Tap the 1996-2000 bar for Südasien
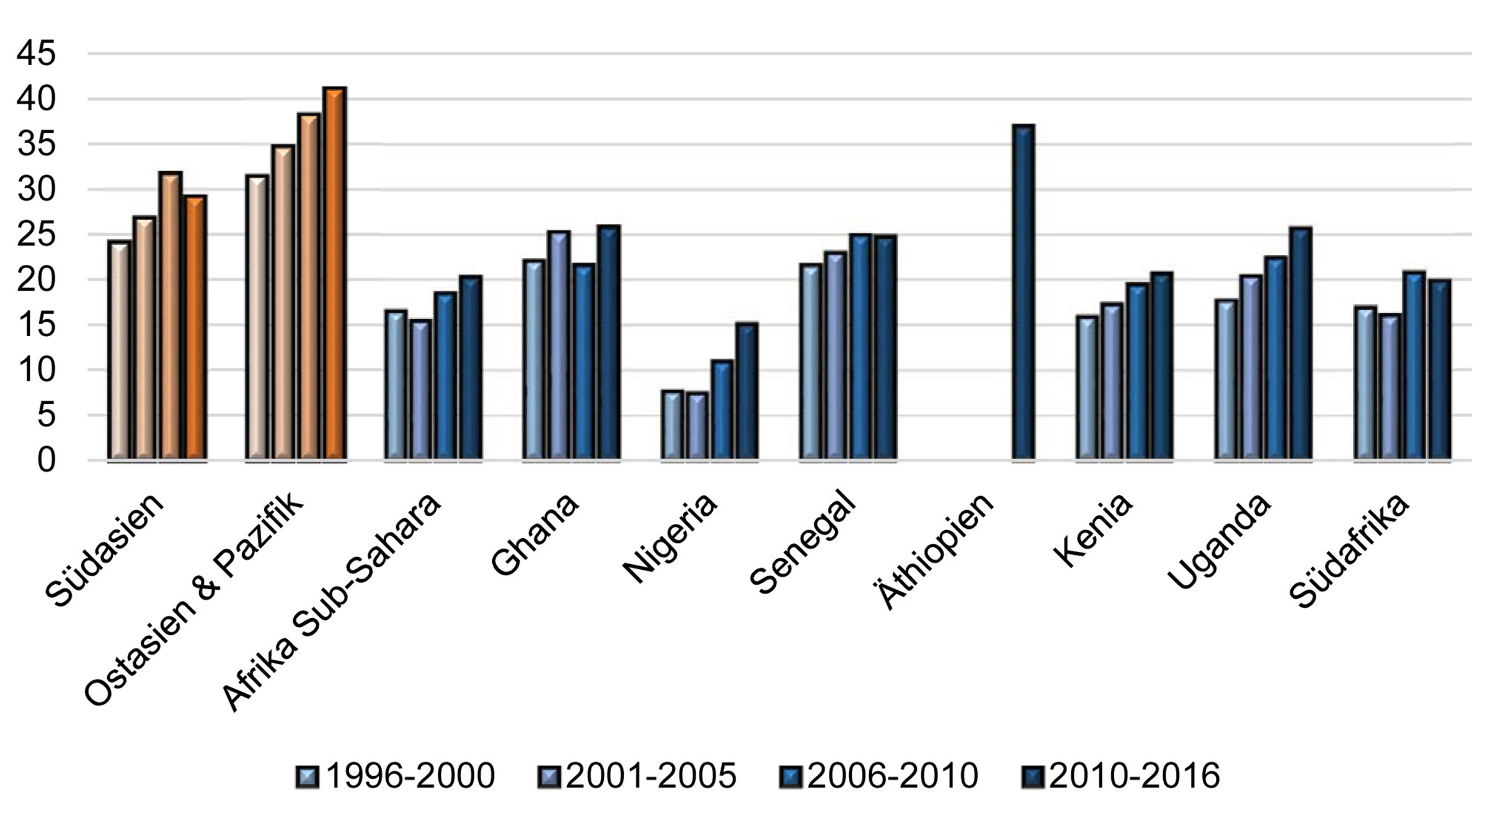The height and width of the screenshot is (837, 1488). coord(119,351)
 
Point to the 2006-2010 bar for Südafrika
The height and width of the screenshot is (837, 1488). coord(1414,366)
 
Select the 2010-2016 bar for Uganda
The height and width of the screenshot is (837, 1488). coord(1300,344)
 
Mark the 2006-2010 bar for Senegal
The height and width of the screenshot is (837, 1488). coord(861,347)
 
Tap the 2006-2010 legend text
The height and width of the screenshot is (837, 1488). coord(893,776)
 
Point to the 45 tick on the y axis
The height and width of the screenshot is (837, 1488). coord(37,54)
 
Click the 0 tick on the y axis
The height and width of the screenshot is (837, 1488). coord(46,461)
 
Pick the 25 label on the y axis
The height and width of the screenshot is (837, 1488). coord(37,235)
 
